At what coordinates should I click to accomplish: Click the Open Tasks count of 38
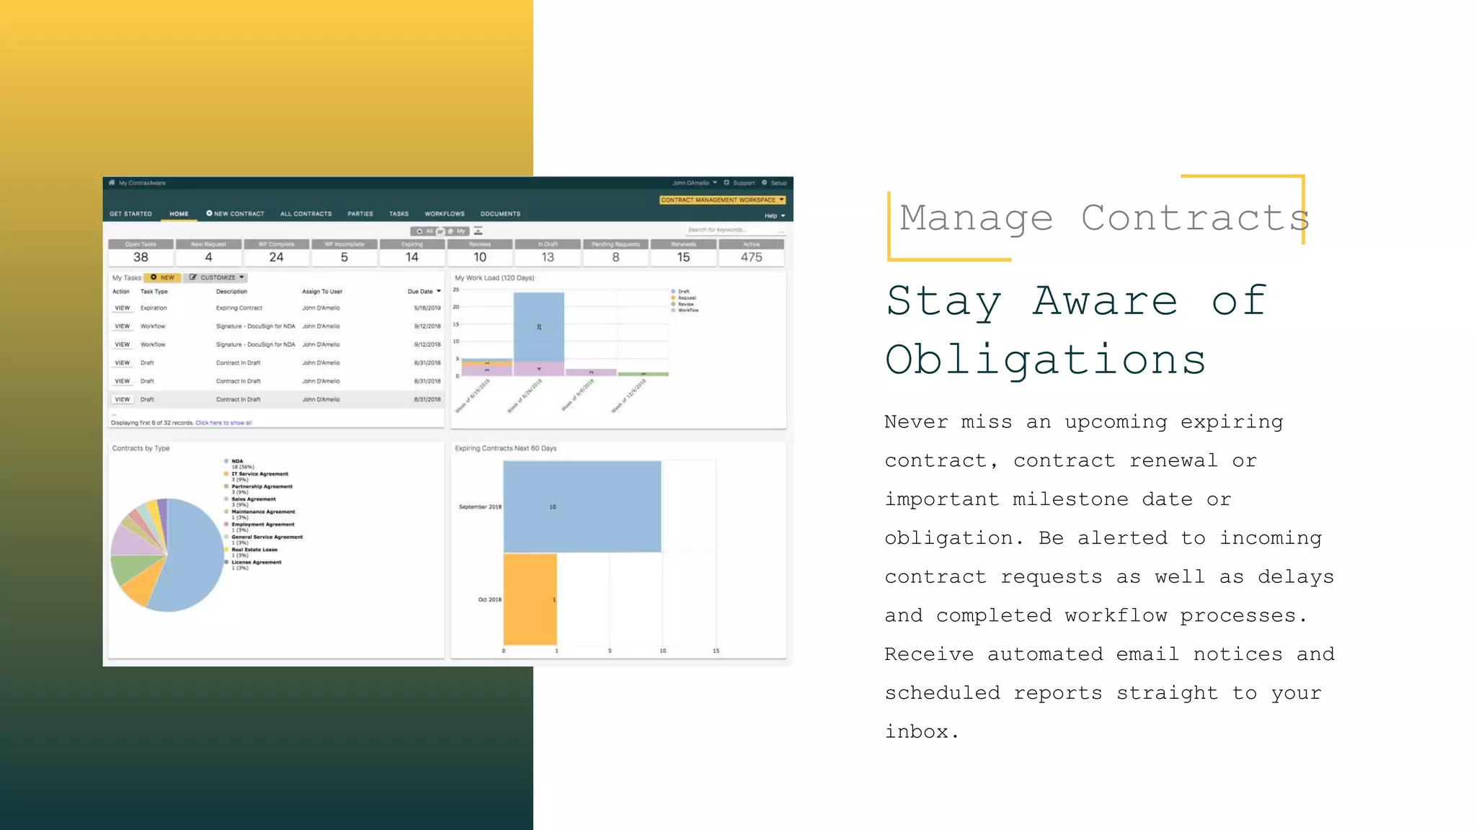141,257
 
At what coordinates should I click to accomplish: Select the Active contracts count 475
751,257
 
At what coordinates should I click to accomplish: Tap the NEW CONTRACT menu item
236,214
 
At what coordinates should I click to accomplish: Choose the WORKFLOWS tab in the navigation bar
445,214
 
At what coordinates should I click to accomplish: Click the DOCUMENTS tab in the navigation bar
500,214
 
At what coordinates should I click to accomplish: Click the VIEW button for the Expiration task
123,308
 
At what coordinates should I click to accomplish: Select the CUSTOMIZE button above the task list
217,277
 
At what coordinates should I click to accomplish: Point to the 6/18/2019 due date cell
427,308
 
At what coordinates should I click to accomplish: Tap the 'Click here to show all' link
223,423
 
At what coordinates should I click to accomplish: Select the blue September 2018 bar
582,507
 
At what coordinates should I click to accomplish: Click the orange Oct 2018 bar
530,599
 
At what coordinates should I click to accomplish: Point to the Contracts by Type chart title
141,448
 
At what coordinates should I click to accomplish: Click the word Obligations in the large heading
1045,360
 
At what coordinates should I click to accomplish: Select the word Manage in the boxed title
976,218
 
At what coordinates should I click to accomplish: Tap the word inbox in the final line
917,732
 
